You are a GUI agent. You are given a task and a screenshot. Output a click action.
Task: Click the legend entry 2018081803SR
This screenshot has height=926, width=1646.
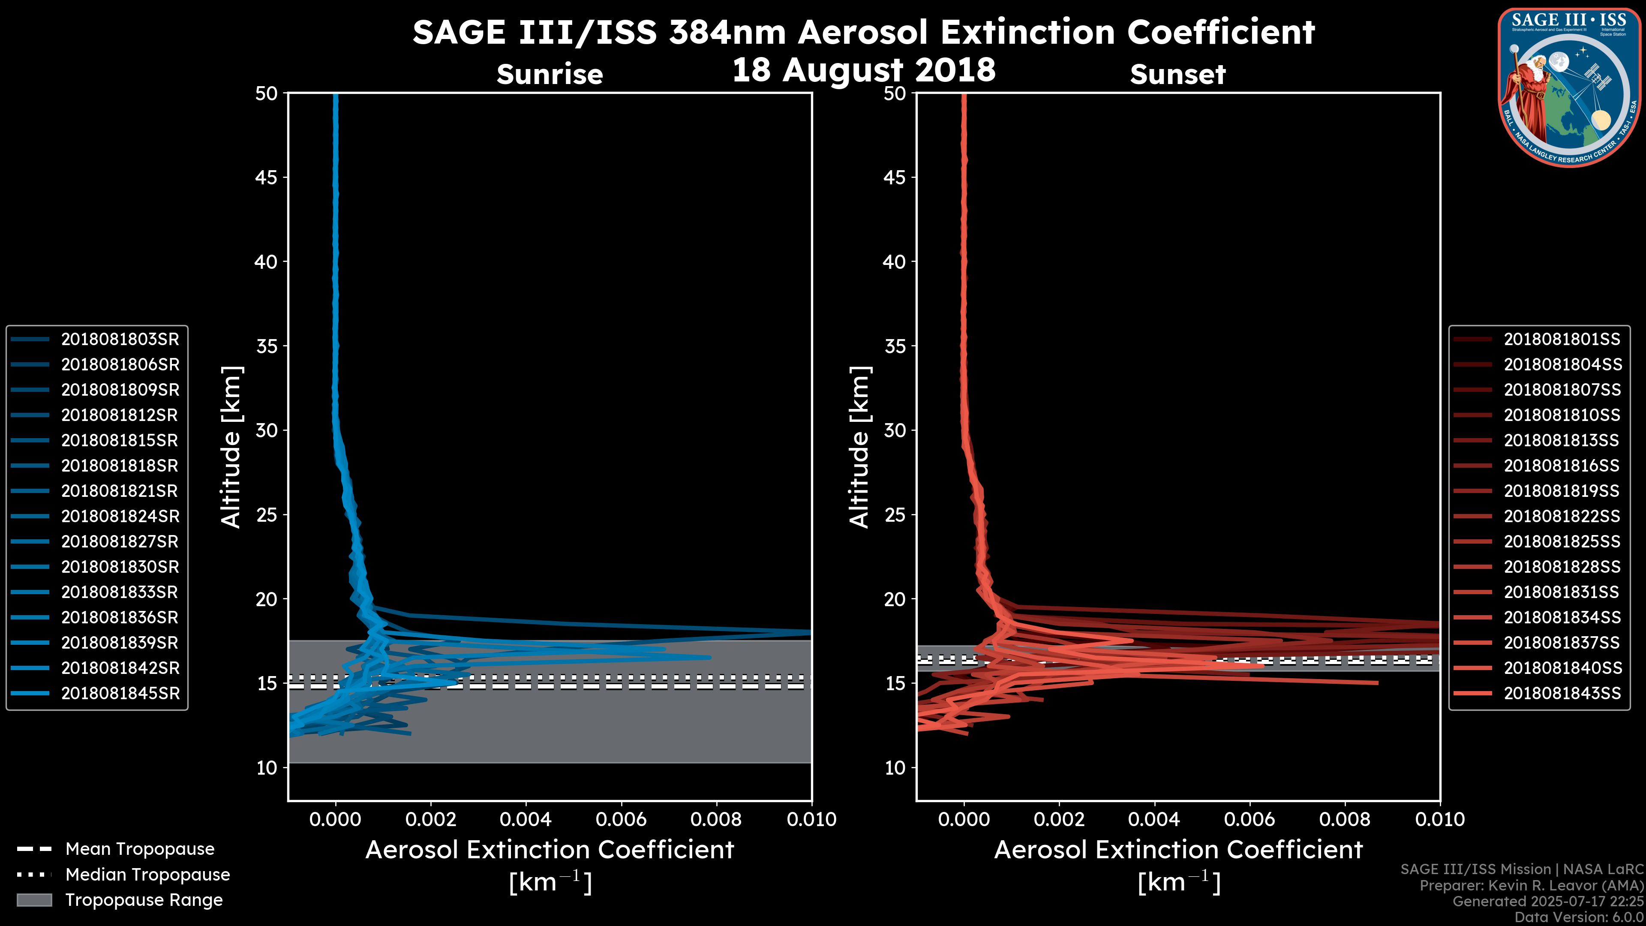(120, 340)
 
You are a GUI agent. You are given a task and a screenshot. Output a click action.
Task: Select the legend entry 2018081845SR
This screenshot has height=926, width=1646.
(120, 693)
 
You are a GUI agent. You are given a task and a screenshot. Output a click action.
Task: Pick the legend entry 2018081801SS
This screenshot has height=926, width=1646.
(1562, 340)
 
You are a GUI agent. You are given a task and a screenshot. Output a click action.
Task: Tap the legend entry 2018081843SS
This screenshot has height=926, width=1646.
(1562, 693)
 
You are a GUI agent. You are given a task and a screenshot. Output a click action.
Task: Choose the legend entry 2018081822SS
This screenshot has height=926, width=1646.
(1562, 516)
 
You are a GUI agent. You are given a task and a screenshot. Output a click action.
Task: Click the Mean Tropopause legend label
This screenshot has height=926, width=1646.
(140, 849)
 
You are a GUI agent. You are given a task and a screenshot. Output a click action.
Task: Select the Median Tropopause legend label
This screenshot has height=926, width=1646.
(147, 875)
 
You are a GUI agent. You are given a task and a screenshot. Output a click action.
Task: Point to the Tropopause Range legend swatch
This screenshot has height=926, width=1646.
(34, 900)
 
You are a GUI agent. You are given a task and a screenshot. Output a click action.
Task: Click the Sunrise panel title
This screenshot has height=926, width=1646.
(550, 75)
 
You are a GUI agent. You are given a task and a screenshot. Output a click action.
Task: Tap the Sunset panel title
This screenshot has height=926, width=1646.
(1177, 75)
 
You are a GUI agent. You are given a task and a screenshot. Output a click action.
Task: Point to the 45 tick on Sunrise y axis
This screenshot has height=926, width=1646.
(267, 177)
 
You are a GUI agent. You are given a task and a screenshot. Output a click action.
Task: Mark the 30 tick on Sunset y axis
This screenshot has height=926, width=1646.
(895, 430)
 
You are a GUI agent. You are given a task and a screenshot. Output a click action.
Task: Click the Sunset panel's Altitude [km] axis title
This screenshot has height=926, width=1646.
(860, 447)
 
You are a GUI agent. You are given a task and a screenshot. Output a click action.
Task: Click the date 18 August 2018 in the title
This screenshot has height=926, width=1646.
(863, 70)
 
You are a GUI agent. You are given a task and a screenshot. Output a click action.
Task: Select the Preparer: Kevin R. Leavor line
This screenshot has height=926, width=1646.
(1532, 886)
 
